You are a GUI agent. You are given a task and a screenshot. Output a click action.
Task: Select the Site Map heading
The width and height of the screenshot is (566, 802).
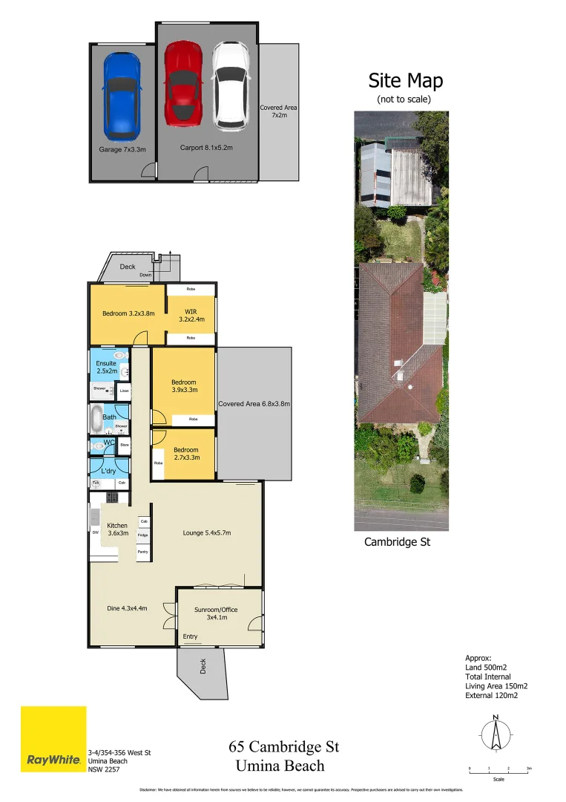tap(405, 80)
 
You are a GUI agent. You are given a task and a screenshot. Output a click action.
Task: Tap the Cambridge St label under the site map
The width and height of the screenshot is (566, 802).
tap(397, 542)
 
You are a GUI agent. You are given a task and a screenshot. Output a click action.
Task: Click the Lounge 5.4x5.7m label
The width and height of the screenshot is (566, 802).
tap(208, 532)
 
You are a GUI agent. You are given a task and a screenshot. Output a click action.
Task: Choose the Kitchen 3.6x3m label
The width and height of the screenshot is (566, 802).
tap(119, 529)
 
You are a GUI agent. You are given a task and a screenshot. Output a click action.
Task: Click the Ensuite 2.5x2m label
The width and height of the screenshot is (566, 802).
tap(106, 367)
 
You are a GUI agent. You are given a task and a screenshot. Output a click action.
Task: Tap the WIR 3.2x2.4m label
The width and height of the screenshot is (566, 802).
tap(191, 316)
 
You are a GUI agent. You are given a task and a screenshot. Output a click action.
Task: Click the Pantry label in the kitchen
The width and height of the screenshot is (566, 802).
tap(142, 552)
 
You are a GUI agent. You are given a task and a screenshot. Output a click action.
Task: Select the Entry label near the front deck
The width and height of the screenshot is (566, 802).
tap(191, 636)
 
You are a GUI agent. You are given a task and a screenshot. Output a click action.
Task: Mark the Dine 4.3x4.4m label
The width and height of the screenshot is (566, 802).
tap(128, 608)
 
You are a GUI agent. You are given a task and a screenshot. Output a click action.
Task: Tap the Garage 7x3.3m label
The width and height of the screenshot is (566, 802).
tap(122, 149)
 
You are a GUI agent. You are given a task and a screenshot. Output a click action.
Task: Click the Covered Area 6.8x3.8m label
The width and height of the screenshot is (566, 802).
tap(254, 404)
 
